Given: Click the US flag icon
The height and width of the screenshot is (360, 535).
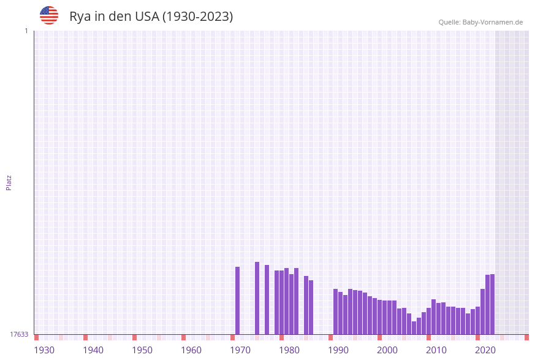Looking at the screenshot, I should (x=49, y=15).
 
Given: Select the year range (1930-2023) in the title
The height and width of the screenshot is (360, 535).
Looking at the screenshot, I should (x=197, y=17).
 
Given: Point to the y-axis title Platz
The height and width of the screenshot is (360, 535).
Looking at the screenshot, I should (x=9, y=183).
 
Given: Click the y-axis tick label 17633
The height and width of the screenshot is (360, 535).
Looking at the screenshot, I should (x=19, y=334).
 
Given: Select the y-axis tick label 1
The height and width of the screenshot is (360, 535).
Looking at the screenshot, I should (x=26, y=31).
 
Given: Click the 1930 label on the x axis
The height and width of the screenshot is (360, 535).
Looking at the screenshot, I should (x=44, y=350).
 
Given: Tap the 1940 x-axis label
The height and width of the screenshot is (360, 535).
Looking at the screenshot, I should (x=93, y=350).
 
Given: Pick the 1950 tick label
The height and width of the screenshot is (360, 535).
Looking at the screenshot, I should (x=142, y=350).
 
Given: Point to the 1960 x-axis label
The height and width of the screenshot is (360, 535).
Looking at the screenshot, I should (x=191, y=350).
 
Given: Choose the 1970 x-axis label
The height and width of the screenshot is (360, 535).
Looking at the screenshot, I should (x=240, y=350).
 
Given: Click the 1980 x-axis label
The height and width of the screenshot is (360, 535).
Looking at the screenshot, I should (x=289, y=350).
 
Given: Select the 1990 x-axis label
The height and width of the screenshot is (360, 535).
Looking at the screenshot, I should (x=338, y=350).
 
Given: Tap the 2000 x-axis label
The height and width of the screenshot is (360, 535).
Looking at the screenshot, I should (x=387, y=350).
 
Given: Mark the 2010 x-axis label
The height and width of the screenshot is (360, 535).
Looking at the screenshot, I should (x=436, y=350).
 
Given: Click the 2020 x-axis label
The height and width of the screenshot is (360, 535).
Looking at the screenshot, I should (x=485, y=350).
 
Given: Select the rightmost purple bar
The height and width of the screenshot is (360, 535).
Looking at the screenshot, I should (x=492, y=304).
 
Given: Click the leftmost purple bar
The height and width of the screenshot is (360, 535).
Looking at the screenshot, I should (x=238, y=301).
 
